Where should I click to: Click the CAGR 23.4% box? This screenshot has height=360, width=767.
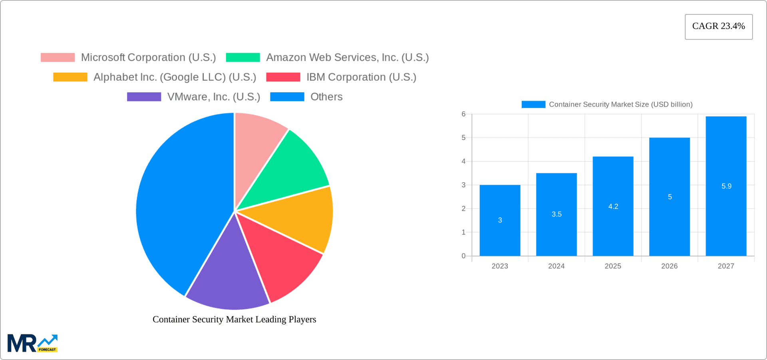pyautogui.click(x=718, y=26)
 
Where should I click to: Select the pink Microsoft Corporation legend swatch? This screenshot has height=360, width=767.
pyautogui.click(x=58, y=58)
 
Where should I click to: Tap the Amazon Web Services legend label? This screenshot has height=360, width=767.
pyautogui.click(x=347, y=58)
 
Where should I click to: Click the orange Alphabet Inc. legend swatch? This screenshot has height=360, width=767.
pyautogui.click(x=70, y=77)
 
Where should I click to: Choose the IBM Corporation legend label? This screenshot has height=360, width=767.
pyautogui.click(x=361, y=77)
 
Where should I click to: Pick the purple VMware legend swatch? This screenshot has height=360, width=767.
pyautogui.click(x=144, y=97)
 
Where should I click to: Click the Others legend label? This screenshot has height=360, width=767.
pyautogui.click(x=326, y=97)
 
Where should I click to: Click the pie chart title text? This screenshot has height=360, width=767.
pyautogui.click(x=234, y=319)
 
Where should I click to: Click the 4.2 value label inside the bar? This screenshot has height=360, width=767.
pyautogui.click(x=613, y=207)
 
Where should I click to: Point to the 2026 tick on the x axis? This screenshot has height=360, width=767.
pyautogui.click(x=669, y=266)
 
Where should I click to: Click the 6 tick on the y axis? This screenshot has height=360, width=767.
pyautogui.click(x=463, y=114)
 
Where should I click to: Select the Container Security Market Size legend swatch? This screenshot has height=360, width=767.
pyautogui.click(x=533, y=104)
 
